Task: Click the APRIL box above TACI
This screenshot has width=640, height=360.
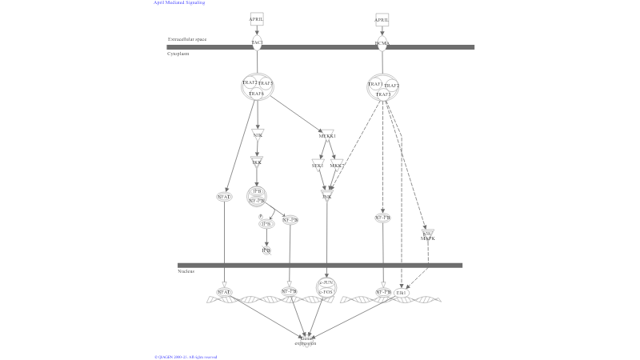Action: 257,19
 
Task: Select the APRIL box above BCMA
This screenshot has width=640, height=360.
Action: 382,19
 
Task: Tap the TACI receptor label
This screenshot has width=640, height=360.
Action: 257,42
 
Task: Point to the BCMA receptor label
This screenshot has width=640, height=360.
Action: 382,44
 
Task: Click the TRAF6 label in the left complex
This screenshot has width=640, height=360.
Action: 257,94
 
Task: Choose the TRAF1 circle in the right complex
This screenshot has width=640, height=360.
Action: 375,84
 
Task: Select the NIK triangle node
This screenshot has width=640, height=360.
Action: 258,134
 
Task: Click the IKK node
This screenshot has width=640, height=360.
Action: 257,162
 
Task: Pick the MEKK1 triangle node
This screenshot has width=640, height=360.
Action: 326,136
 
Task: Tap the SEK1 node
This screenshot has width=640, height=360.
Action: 318,165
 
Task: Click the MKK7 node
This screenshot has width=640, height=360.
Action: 337,165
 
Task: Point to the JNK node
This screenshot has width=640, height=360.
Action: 326,194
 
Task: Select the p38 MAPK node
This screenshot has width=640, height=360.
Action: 428,235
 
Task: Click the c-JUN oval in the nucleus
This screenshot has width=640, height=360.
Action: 326,282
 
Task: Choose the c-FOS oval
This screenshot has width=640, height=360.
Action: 326,293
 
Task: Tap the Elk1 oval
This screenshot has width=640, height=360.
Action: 401,293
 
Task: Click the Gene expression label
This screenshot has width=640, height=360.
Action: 306,342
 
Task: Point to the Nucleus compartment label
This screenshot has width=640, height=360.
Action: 186,271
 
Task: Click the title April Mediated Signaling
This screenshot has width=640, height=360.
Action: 181,3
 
